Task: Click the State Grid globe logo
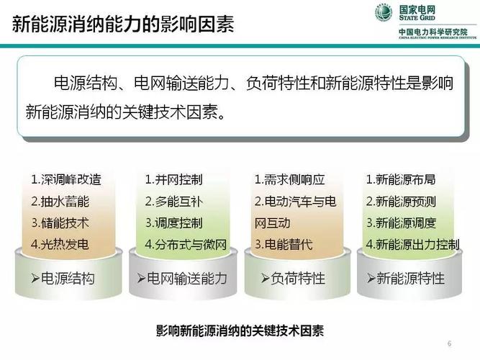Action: coord(384,13)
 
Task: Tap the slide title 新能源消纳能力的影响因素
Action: coord(123,24)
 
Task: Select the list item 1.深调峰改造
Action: coord(66,179)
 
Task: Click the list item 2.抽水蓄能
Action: coord(60,202)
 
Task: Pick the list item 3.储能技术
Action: coord(60,222)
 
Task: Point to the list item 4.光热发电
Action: coord(60,244)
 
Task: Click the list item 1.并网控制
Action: coord(174,179)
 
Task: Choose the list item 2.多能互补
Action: coord(174,202)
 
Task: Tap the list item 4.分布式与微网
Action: coord(186,244)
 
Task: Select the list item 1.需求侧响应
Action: coord(289,179)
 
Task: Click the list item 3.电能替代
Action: coord(284,244)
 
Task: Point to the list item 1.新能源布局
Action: coord(401,179)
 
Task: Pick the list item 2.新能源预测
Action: coord(401,202)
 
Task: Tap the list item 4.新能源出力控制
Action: coord(413,244)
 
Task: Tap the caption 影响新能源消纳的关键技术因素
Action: coord(240,330)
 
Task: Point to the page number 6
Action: coord(449,343)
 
